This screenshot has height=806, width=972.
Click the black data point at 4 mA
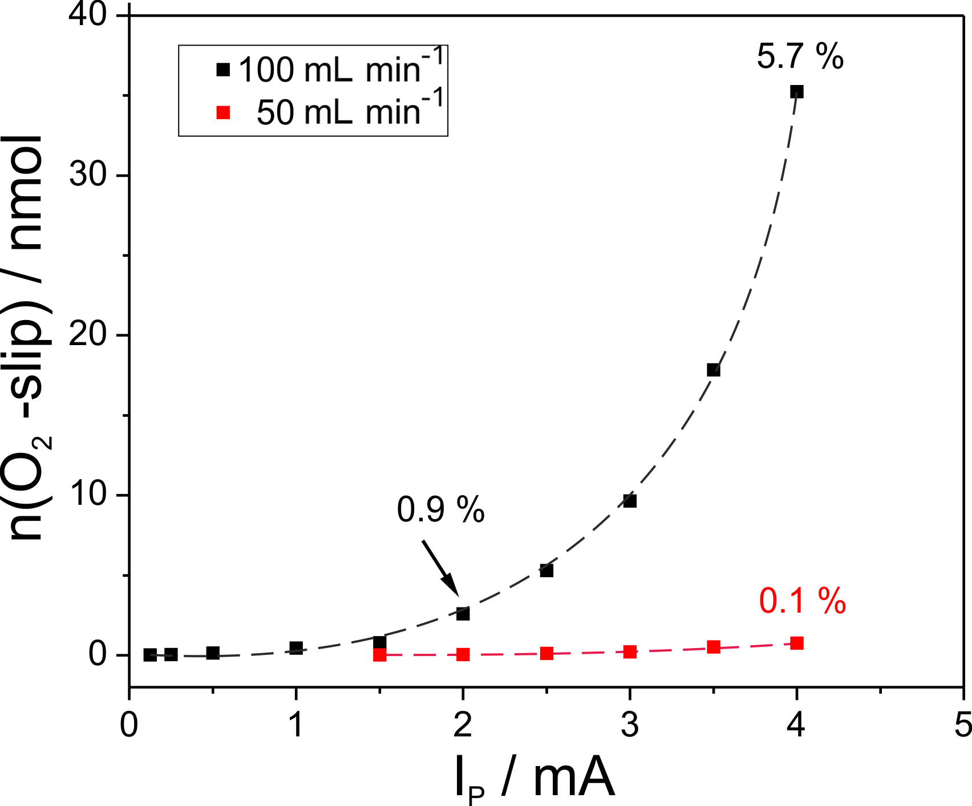[x=797, y=92]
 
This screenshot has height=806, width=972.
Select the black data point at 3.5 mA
[x=714, y=370]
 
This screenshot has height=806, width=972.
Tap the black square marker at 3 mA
[x=630, y=501]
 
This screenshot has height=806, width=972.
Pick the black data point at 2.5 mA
[x=546, y=570]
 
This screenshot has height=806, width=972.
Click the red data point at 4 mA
[x=797, y=643]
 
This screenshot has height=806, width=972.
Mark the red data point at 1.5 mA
[x=380, y=655]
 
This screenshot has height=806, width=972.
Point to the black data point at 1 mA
[x=296, y=647]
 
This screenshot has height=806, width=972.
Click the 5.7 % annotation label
[x=800, y=57]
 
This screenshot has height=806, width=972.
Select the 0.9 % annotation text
[x=440, y=509]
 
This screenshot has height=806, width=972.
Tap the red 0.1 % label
[x=802, y=601]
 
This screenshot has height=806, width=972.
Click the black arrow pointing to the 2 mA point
[x=440, y=568]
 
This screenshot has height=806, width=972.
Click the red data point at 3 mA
[x=630, y=651]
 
